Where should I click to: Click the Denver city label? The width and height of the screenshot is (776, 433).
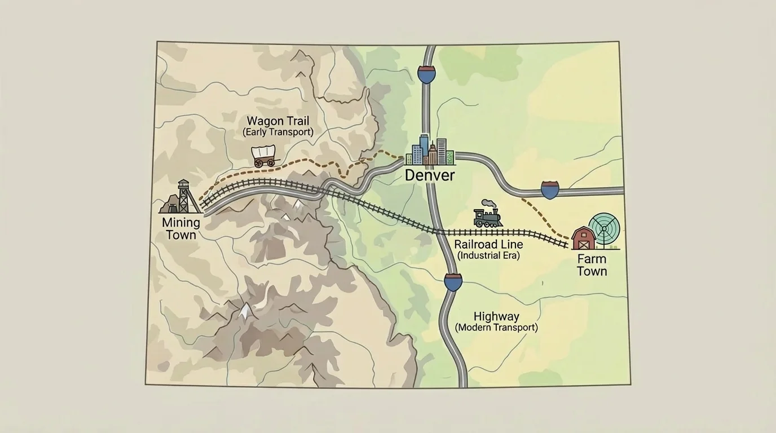430,175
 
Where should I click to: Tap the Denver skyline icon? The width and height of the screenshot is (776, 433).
430,151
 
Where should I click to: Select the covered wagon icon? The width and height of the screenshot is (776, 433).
264,156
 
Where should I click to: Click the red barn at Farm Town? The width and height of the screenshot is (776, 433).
583,238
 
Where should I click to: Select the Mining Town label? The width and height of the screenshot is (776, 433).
180,228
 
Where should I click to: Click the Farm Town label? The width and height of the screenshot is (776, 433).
592,265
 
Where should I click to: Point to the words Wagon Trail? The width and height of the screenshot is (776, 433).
278,121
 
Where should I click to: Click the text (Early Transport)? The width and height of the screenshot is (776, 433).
278,132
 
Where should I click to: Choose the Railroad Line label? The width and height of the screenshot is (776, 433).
488,245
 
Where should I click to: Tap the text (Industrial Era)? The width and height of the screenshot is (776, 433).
488,255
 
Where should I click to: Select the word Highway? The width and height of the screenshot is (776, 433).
496,316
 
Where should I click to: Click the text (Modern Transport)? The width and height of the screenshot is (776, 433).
496,328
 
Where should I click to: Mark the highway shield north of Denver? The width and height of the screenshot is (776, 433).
426,74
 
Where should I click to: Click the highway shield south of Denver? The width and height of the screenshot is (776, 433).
453,282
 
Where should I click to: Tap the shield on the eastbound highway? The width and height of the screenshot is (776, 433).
550,190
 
